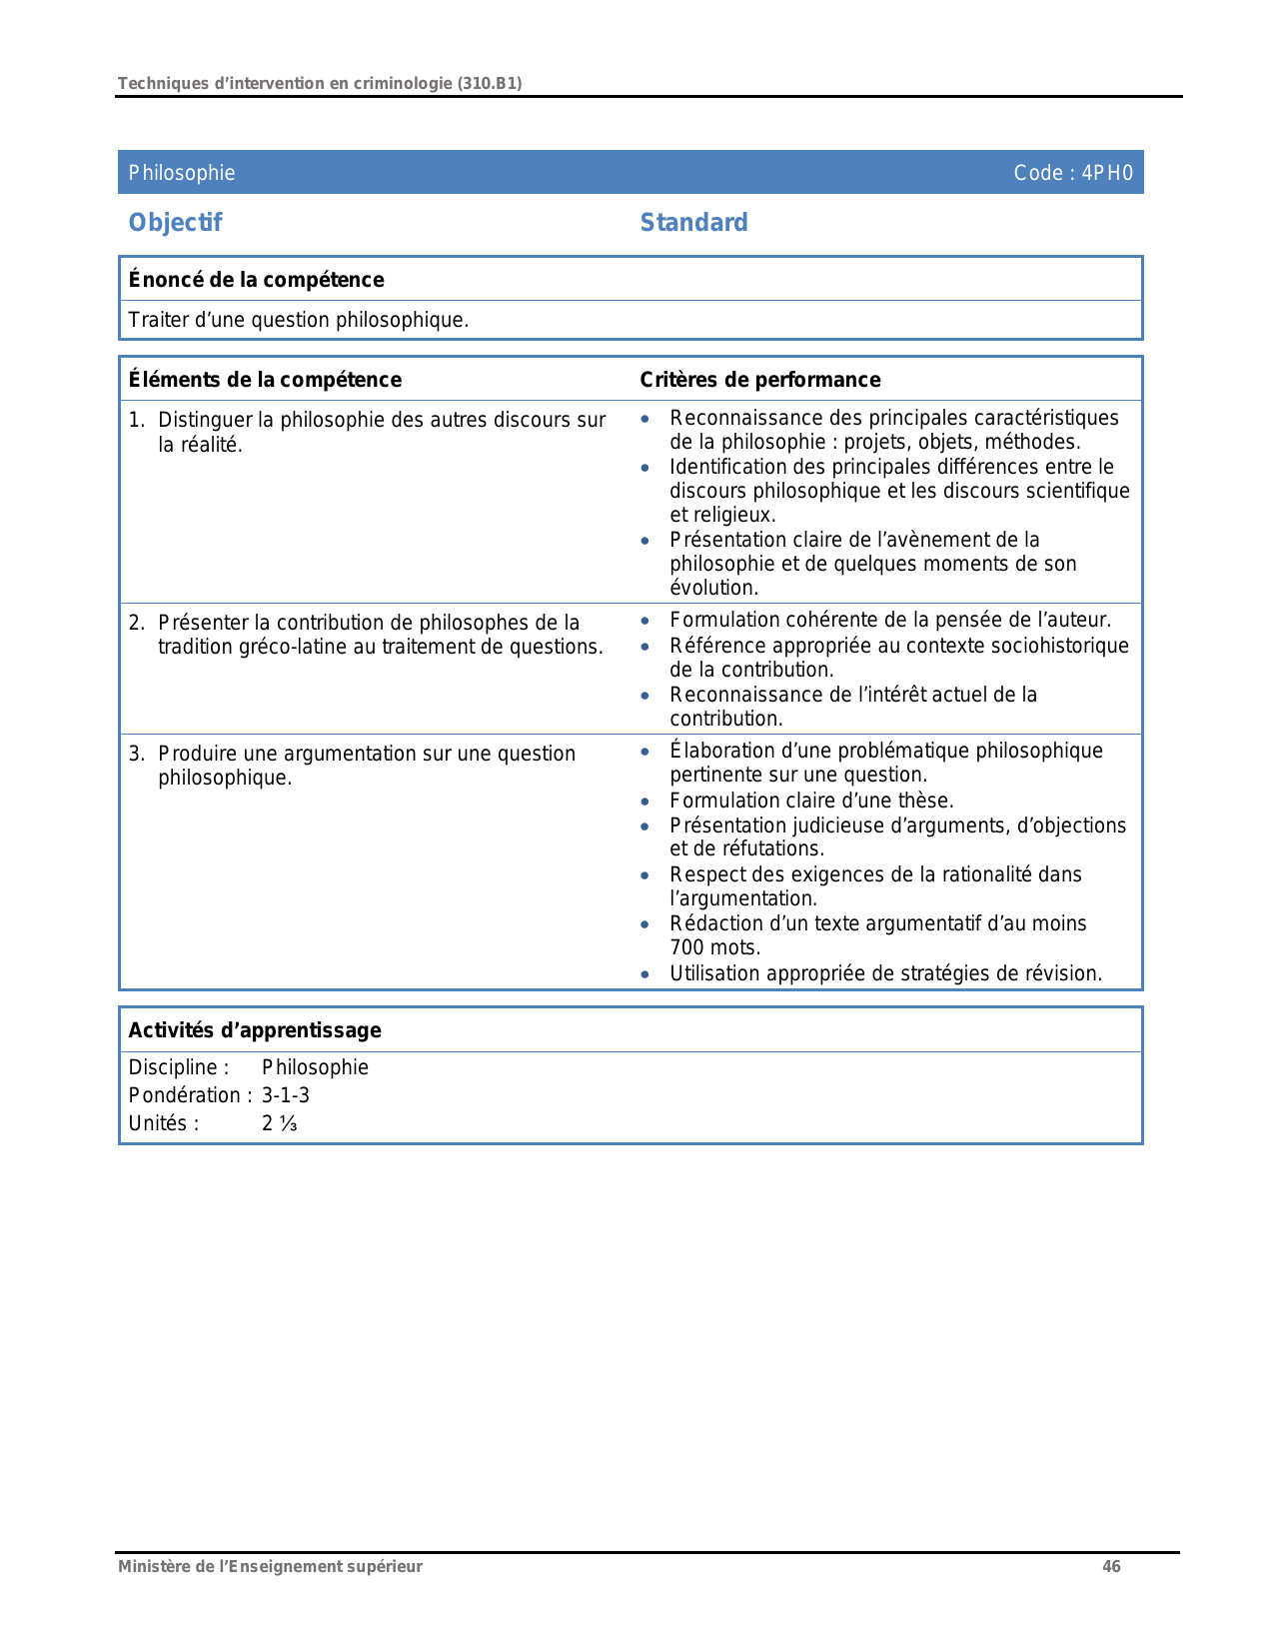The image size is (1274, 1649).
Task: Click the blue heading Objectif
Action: [175, 223]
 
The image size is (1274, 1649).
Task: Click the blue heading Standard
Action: [693, 223]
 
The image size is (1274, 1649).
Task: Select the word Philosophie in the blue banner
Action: [182, 173]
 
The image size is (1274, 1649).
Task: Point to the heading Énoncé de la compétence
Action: [256, 280]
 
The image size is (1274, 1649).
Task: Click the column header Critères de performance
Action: [759, 380]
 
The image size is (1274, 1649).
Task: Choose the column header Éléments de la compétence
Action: [265, 380]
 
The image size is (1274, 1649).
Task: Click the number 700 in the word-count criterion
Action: [686, 947]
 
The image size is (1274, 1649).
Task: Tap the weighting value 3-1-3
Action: [286, 1095]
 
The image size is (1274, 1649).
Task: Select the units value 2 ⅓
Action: [280, 1123]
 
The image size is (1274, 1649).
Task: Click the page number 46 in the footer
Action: [1111, 1566]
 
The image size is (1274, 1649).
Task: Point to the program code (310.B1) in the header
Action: [490, 84]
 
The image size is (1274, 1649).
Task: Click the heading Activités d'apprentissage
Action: [255, 1030]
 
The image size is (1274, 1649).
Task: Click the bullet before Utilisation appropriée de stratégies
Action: [645, 974]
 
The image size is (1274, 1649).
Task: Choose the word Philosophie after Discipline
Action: [315, 1067]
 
